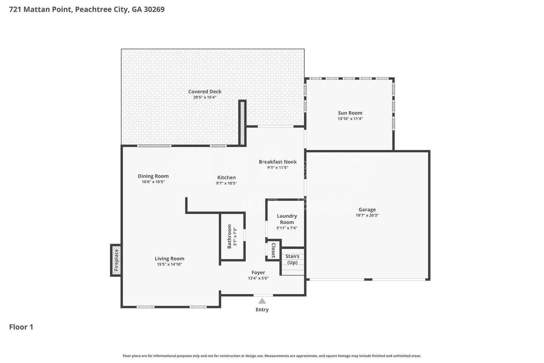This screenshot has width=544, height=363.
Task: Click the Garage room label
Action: pyautogui.click(x=367, y=210)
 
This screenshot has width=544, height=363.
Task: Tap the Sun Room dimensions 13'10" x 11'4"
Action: pyautogui.click(x=350, y=119)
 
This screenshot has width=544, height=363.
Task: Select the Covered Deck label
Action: pyautogui.click(x=205, y=91)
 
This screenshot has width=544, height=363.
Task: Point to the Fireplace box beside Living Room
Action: pyautogui.click(x=116, y=260)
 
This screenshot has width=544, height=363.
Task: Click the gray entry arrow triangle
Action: pyautogui.click(x=262, y=301)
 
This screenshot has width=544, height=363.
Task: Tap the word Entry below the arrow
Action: pyautogui.click(x=262, y=310)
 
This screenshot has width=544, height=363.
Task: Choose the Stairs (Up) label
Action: pyautogui.click(x=292, y=259)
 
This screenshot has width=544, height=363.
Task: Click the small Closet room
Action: pyautogui.click(x=273, y=250)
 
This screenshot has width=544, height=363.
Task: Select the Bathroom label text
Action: pyautogui.click(x=229, y=236)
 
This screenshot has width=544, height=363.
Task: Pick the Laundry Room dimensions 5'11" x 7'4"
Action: pyautogui.click(x=287, y=228)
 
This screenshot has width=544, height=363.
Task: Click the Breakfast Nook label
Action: pyautogui.click(x=277, y=162)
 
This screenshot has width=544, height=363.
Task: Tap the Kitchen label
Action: pyautogui.click(x=226, y=177)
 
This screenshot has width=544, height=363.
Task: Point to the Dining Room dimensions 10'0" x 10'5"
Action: pyautogui.click(x=153, y=182)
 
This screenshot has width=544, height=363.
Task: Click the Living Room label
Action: pyautogui.click(x=169, y=259)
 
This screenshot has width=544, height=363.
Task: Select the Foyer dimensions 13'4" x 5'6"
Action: pyautogui.click(x=258, y=278)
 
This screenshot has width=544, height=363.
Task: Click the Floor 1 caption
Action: pyautogui.click(x=21, y=327)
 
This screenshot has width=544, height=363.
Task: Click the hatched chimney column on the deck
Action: pyautogui.click(x=242, y=123)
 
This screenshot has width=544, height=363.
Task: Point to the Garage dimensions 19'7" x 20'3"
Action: pyautogui.click(x=367, y=215)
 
